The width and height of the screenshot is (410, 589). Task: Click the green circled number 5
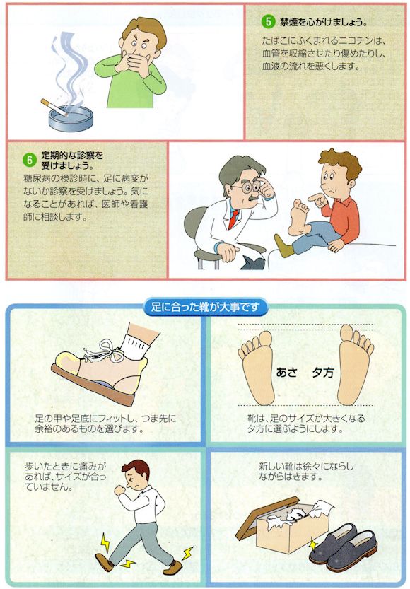[268, 21]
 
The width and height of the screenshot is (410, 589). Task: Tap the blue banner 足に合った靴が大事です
[205, 307]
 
